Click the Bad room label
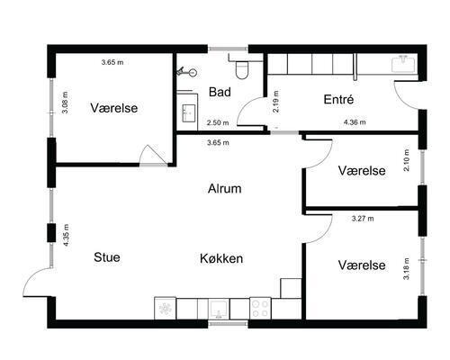pyautogui.click(x=220, y=93)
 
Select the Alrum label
pyautogui.click(x=225, y=189)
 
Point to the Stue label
pyautogui.click(x=107, y=257)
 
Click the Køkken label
pyautogui.click(x=222, y=258)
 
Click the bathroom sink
pyautogui.click(x=189, y=112)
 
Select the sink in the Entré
pyautogui.click(x=402, y=63)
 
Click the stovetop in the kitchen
pyautogui.click(x=261, y=308)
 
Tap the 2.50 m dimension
pyautogui.click(x=218, y=123)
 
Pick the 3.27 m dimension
pyautogui.click(x=363, y=218)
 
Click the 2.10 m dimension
pyautogui.click(x=407, y=160)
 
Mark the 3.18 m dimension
pyautogui.click(x=407, y=270)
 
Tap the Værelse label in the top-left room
pyautogui.click(x=114, y=108)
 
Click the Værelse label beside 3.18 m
pyautogui.click(x=362, y=265)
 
